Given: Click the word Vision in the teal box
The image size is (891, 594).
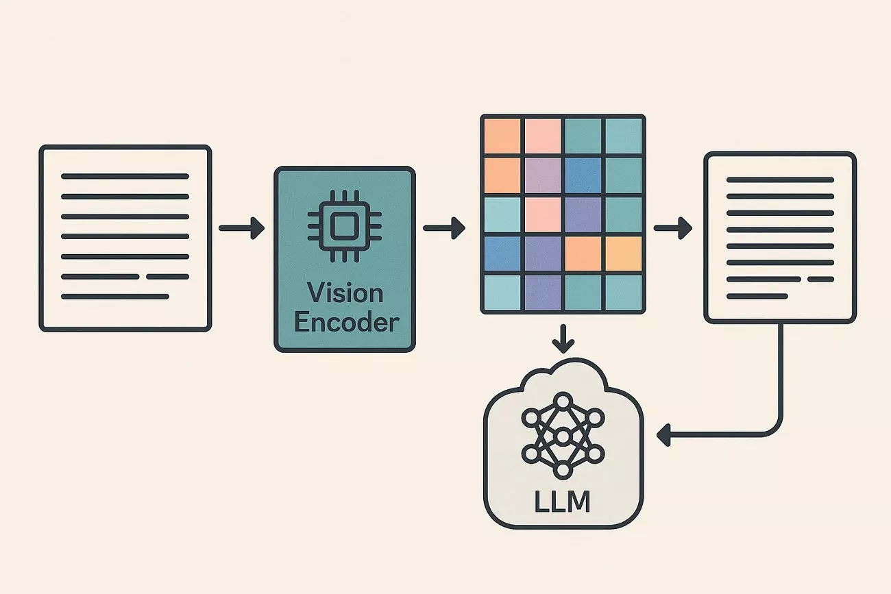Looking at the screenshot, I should (345, 293).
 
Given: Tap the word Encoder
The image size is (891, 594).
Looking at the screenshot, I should (345, 322).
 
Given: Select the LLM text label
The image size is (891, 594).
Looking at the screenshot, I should (562, 502).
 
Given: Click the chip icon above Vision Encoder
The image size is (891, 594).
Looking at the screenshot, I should (345, 224).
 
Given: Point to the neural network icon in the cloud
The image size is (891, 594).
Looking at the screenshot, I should (562, 435).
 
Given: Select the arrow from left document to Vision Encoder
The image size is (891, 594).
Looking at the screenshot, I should (242, 228).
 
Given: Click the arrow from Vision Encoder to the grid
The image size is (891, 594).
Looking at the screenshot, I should (444, 227).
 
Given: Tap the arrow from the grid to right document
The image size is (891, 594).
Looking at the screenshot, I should (673, 228).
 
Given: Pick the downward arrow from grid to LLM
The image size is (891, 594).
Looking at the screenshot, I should (563, 338).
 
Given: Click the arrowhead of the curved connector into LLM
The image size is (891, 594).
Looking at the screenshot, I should (663, 434).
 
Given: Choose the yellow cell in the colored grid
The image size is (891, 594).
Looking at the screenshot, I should (624, 254).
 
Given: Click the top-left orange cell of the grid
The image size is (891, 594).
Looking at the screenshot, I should (502, 136).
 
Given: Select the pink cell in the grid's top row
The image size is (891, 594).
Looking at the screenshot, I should (543, 136).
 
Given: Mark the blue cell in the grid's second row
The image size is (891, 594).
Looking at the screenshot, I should (583, 175).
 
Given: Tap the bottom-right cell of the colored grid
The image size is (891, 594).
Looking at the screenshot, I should (624, 293).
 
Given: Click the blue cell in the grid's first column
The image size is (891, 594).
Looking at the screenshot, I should (502, 254).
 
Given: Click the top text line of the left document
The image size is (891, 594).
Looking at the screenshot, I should (125, 177).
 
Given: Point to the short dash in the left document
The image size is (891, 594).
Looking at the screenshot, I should (167, 277).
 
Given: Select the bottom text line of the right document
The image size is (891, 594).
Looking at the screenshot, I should (757, 296).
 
